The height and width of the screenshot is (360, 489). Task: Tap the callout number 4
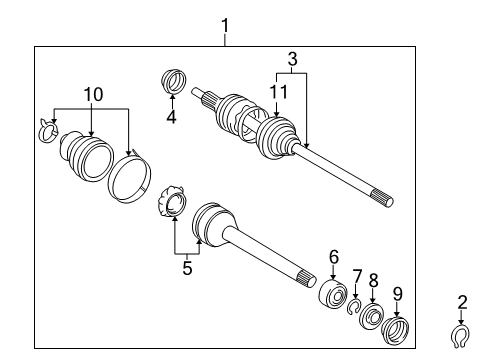(x=172, y=115)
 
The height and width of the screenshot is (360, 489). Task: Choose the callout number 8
(x=374, y=281)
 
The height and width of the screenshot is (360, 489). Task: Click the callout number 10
(x=92, y=94)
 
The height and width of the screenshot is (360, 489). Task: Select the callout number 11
(x=272, y=92)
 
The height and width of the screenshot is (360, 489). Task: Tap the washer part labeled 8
(x=371, y=317)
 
